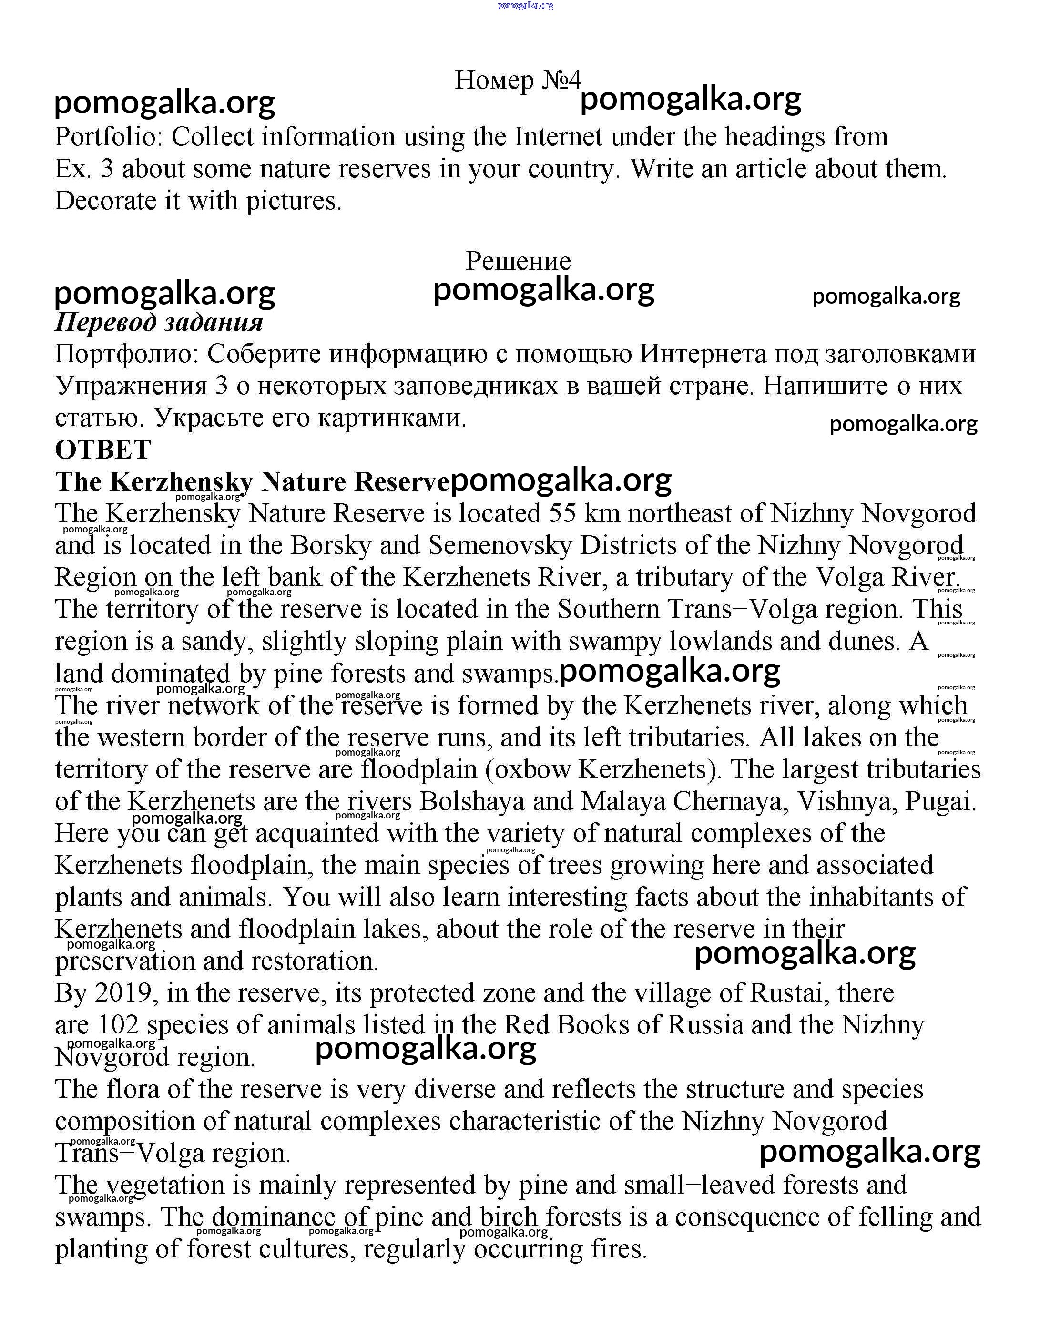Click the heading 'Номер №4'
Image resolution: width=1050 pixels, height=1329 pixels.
[x=518, y=80]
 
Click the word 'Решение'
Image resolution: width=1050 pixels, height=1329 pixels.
[x=518, y=261]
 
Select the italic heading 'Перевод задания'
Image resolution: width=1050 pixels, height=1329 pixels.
[x=159, y=322]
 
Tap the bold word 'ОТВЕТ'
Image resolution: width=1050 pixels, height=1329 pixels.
[x=102, y=450]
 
